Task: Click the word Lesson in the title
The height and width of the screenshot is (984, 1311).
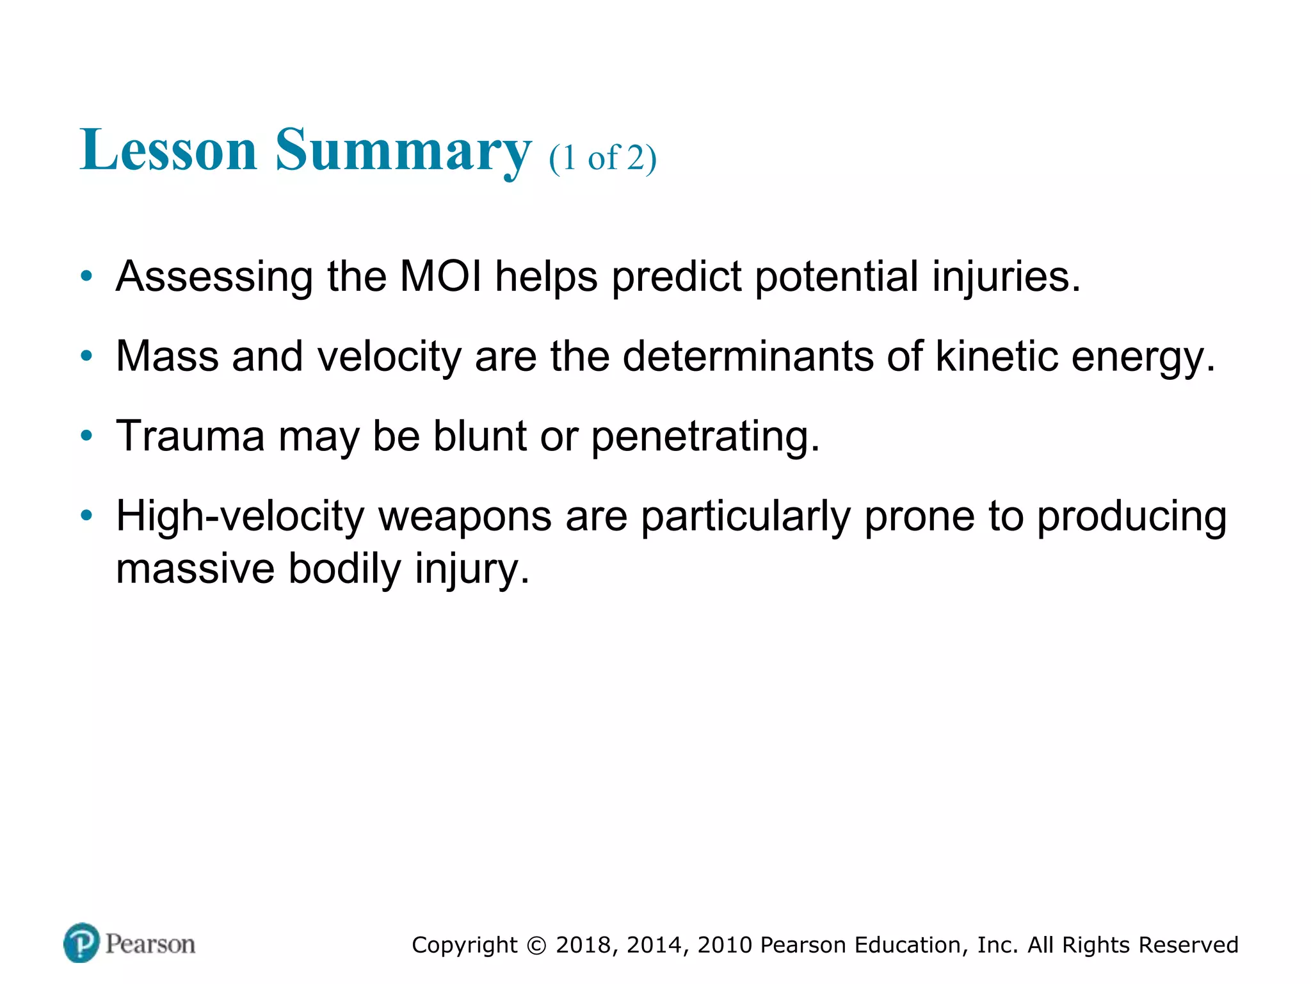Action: click(168, 150)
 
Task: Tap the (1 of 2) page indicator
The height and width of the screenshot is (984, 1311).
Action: click(602, 158)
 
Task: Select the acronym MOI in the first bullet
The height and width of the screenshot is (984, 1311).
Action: click(440, 277)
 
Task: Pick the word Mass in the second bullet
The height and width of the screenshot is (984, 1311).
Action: click(167, 356)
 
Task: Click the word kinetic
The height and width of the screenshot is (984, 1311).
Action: click(996, 356)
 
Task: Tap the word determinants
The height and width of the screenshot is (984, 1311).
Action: click(748, 356)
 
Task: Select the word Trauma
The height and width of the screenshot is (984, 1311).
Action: click(190, 436)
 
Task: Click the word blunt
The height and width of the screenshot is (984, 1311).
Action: click(479, 436)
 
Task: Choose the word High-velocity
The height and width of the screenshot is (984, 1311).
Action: click(240, 516)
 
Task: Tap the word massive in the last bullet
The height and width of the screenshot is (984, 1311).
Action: click(195, 569)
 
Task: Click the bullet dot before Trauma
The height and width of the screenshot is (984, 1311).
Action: click(86, 436)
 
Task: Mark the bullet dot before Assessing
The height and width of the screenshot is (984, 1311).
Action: click(86, 277)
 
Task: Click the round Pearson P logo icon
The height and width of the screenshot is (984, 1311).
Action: click(82, 943)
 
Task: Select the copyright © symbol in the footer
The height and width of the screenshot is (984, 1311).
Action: click(536, 946)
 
